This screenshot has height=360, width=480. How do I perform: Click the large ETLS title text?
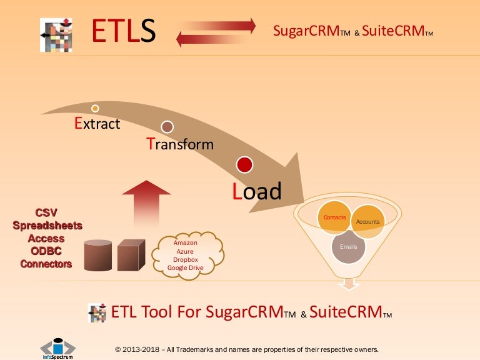point(123,32)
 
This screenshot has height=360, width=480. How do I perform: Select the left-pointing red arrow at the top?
point(216,40)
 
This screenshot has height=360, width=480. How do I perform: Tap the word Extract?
point(97,123)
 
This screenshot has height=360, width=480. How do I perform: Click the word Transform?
point(180,144)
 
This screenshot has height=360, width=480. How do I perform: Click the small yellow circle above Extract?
point(95,108)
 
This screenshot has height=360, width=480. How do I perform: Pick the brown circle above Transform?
point(167,127)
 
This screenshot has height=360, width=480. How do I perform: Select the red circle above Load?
point(244,165)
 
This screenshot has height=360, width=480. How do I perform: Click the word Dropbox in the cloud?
point(186,259)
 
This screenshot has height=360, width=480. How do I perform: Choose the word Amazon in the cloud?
point(186,242)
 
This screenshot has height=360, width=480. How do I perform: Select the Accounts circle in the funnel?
point(368,222)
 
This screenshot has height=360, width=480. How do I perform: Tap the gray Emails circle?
point(348,247)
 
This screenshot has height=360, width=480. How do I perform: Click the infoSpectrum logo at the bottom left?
point(57,348)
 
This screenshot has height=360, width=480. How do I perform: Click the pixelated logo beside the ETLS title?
point(56,34)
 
